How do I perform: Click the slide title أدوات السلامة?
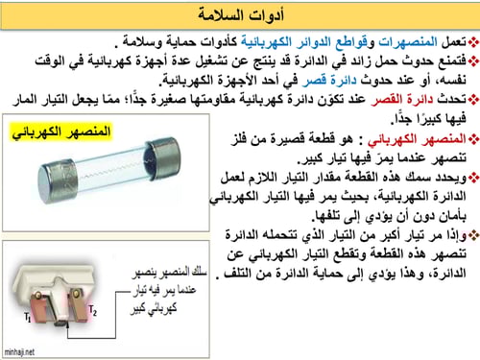[x=240, y=14]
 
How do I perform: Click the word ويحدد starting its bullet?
[x=444, y=176]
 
